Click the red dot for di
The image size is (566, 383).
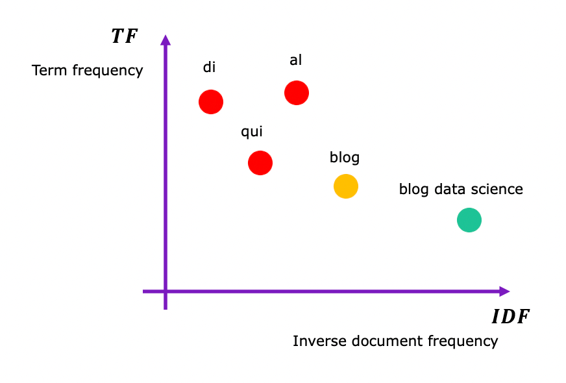click(x=211, y=102)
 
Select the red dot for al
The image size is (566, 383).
click(x=297, y=93)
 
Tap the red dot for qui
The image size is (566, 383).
click(x=260, y=162)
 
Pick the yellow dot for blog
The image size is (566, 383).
click(x=346, y=186)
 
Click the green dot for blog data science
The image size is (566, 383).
click(x=469, y=220)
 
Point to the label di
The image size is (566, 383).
click(x=209, y=67)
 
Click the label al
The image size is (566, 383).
click(x=296, y=60)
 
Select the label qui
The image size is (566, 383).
click(x=252, y=132)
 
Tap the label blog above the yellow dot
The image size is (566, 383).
click(x=345, y=157)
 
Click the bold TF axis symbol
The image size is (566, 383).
click(x=124, y=36)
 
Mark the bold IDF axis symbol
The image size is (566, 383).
click(x=511, y=317)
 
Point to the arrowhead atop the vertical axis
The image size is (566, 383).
click(x=166, y=40)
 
